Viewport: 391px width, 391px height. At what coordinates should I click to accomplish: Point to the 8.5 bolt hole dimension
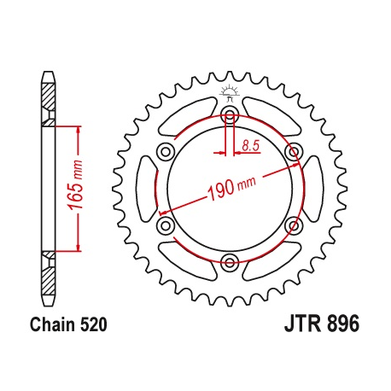[250, 146]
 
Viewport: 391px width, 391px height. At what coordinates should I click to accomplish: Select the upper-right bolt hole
[293, 152]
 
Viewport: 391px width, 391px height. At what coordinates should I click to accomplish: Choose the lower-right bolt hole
[293, 225]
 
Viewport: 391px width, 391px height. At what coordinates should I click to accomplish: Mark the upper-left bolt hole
[165, 152]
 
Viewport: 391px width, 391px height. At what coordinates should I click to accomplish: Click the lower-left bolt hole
[165, 225]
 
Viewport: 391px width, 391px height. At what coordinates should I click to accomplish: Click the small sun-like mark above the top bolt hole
[228, 91]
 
